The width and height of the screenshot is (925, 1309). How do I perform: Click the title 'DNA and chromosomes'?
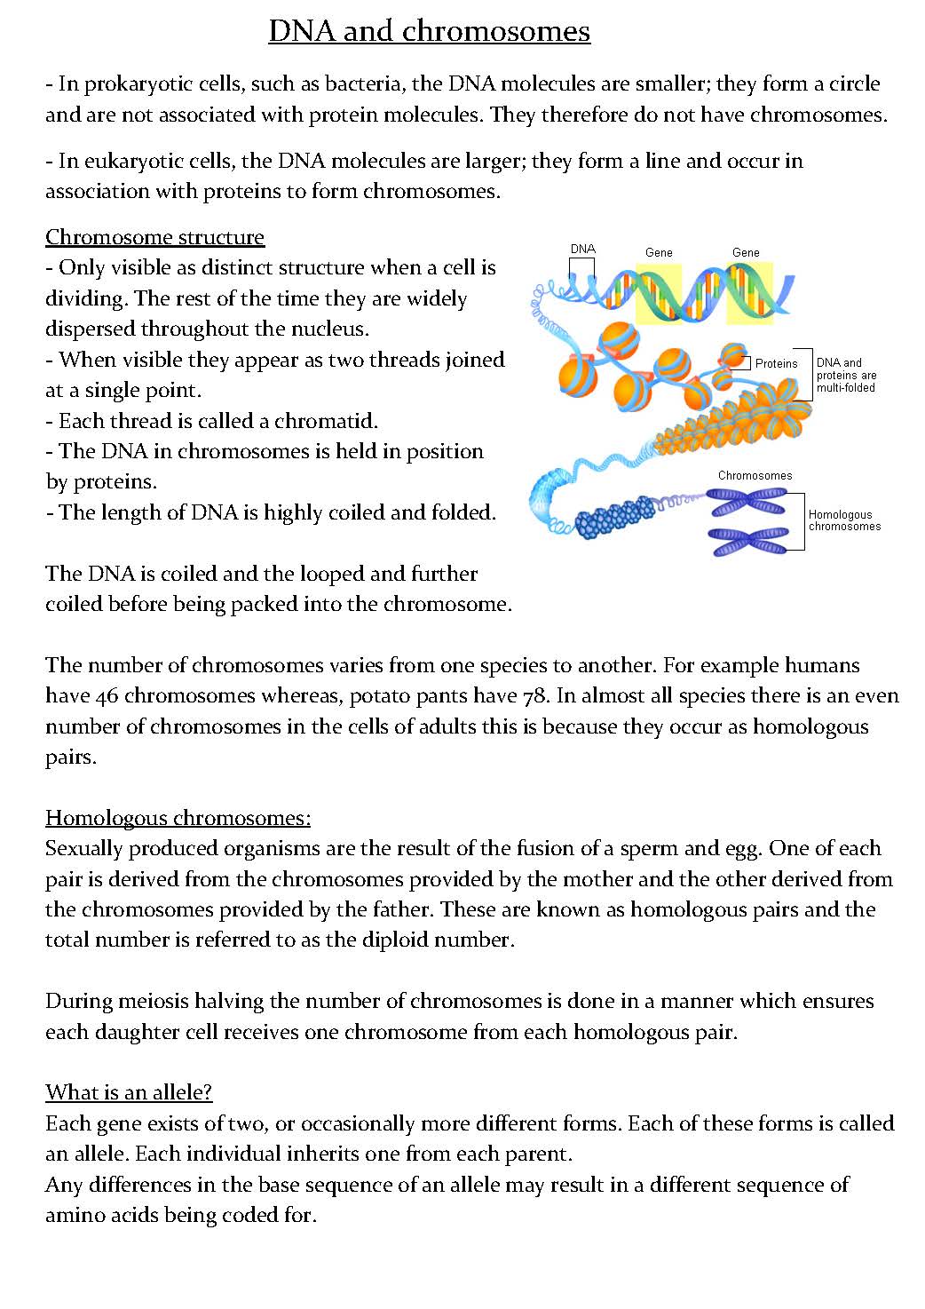tap(429, 31)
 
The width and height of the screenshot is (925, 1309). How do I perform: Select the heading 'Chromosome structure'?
tap(154, 237)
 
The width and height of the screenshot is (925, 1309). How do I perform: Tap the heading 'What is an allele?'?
tap(129, 1092)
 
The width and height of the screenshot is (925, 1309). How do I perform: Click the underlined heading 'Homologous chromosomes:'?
tap(178, 818)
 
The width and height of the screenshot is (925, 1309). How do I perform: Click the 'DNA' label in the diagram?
tap(582, 250)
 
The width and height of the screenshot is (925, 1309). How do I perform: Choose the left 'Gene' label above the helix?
tap(659, 253)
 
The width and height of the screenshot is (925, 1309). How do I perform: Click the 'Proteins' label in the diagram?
tap(776, 363)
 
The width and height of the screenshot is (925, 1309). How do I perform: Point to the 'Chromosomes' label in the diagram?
tap(755, 476)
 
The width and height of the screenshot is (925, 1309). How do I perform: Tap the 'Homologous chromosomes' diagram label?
tap(843, 520)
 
